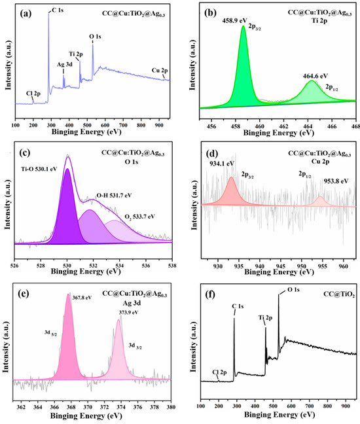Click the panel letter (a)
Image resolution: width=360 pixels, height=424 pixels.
26,14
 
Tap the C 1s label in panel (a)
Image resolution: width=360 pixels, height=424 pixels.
58,10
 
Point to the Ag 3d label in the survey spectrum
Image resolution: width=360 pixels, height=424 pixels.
64,65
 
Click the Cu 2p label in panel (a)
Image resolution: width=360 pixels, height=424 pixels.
160,71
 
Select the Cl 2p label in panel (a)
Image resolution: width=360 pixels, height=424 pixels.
33,94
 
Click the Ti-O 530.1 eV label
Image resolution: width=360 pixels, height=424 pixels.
39,169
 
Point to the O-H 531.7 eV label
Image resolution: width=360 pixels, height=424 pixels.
114,195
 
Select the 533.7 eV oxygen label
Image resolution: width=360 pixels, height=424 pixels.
139,217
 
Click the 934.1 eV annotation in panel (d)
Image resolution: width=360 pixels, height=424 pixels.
222,164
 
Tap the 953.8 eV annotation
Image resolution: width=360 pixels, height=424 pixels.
336,181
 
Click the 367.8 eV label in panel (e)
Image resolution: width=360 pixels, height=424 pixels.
82,298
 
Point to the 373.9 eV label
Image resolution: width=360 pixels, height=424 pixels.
129,312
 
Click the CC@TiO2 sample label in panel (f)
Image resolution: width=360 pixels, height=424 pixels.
339,294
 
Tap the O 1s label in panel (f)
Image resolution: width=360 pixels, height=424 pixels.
293,290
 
